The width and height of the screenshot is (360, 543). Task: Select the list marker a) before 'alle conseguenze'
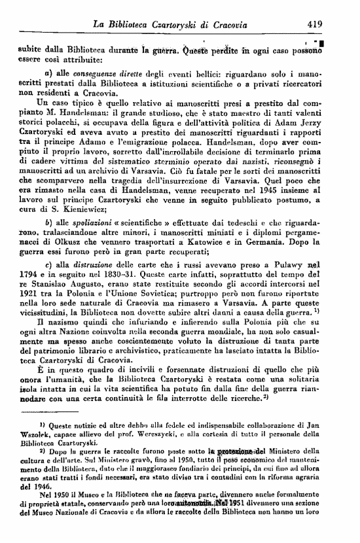pos(48,71)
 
